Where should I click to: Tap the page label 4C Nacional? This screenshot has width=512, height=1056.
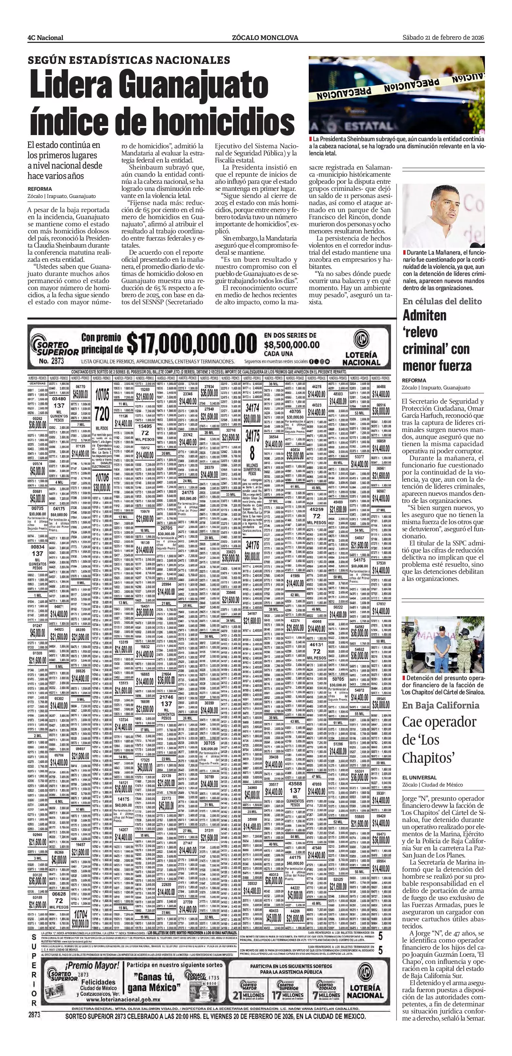tap(45, 38)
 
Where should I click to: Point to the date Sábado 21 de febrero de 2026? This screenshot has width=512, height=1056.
tap(443, 37)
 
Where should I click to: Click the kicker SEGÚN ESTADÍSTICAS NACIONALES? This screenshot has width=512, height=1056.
tap(129, 60)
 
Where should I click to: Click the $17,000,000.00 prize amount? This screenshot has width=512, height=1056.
tap(192, 344)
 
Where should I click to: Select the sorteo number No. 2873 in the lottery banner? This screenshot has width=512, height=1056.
tap(51, 361)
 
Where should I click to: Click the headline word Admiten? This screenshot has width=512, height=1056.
tap(424, 316)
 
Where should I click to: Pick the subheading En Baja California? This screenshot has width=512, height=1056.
tap(441, 705)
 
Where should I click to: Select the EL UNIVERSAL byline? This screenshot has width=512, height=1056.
tap(419, 777)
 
